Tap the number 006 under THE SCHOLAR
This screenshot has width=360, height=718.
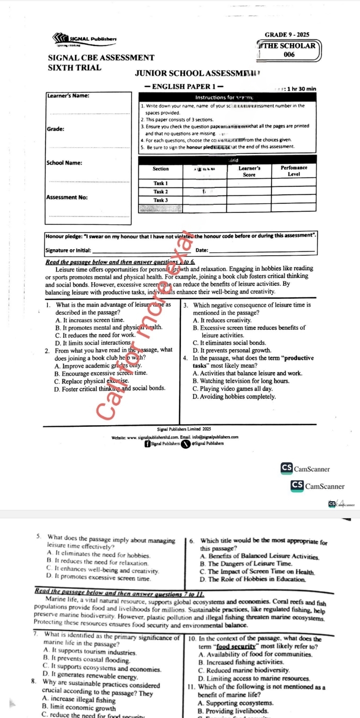click(289, 54)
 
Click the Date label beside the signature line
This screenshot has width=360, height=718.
click(202, 250)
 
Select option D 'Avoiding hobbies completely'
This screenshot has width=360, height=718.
click(234, 397)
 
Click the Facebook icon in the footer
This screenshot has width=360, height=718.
click(147, 443)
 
